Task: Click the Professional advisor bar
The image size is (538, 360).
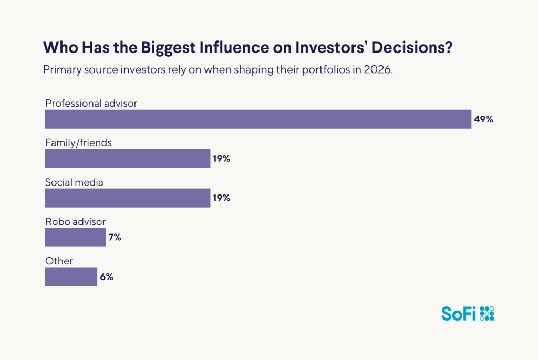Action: [257, 119]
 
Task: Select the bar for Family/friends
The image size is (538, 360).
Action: [128, 159]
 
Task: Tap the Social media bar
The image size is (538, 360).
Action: [128, 198]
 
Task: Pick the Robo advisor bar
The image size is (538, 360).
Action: [75, 238]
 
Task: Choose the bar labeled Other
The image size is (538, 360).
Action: [71, 277]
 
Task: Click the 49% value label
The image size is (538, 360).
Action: [483, 119]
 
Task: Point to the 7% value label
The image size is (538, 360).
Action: [115, 238]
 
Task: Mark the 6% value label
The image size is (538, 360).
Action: [107, 277]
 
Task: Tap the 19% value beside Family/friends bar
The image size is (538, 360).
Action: [221, 159]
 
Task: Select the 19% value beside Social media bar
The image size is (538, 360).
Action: [221, 198]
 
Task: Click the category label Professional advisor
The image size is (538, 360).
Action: [91, 104]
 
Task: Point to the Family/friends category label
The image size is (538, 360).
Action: [78, 143]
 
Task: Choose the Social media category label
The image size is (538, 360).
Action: [74, 182]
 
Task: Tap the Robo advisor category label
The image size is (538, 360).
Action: [75, 222]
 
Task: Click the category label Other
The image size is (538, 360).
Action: [59, 261]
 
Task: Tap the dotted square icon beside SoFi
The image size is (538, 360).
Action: [488, 313]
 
